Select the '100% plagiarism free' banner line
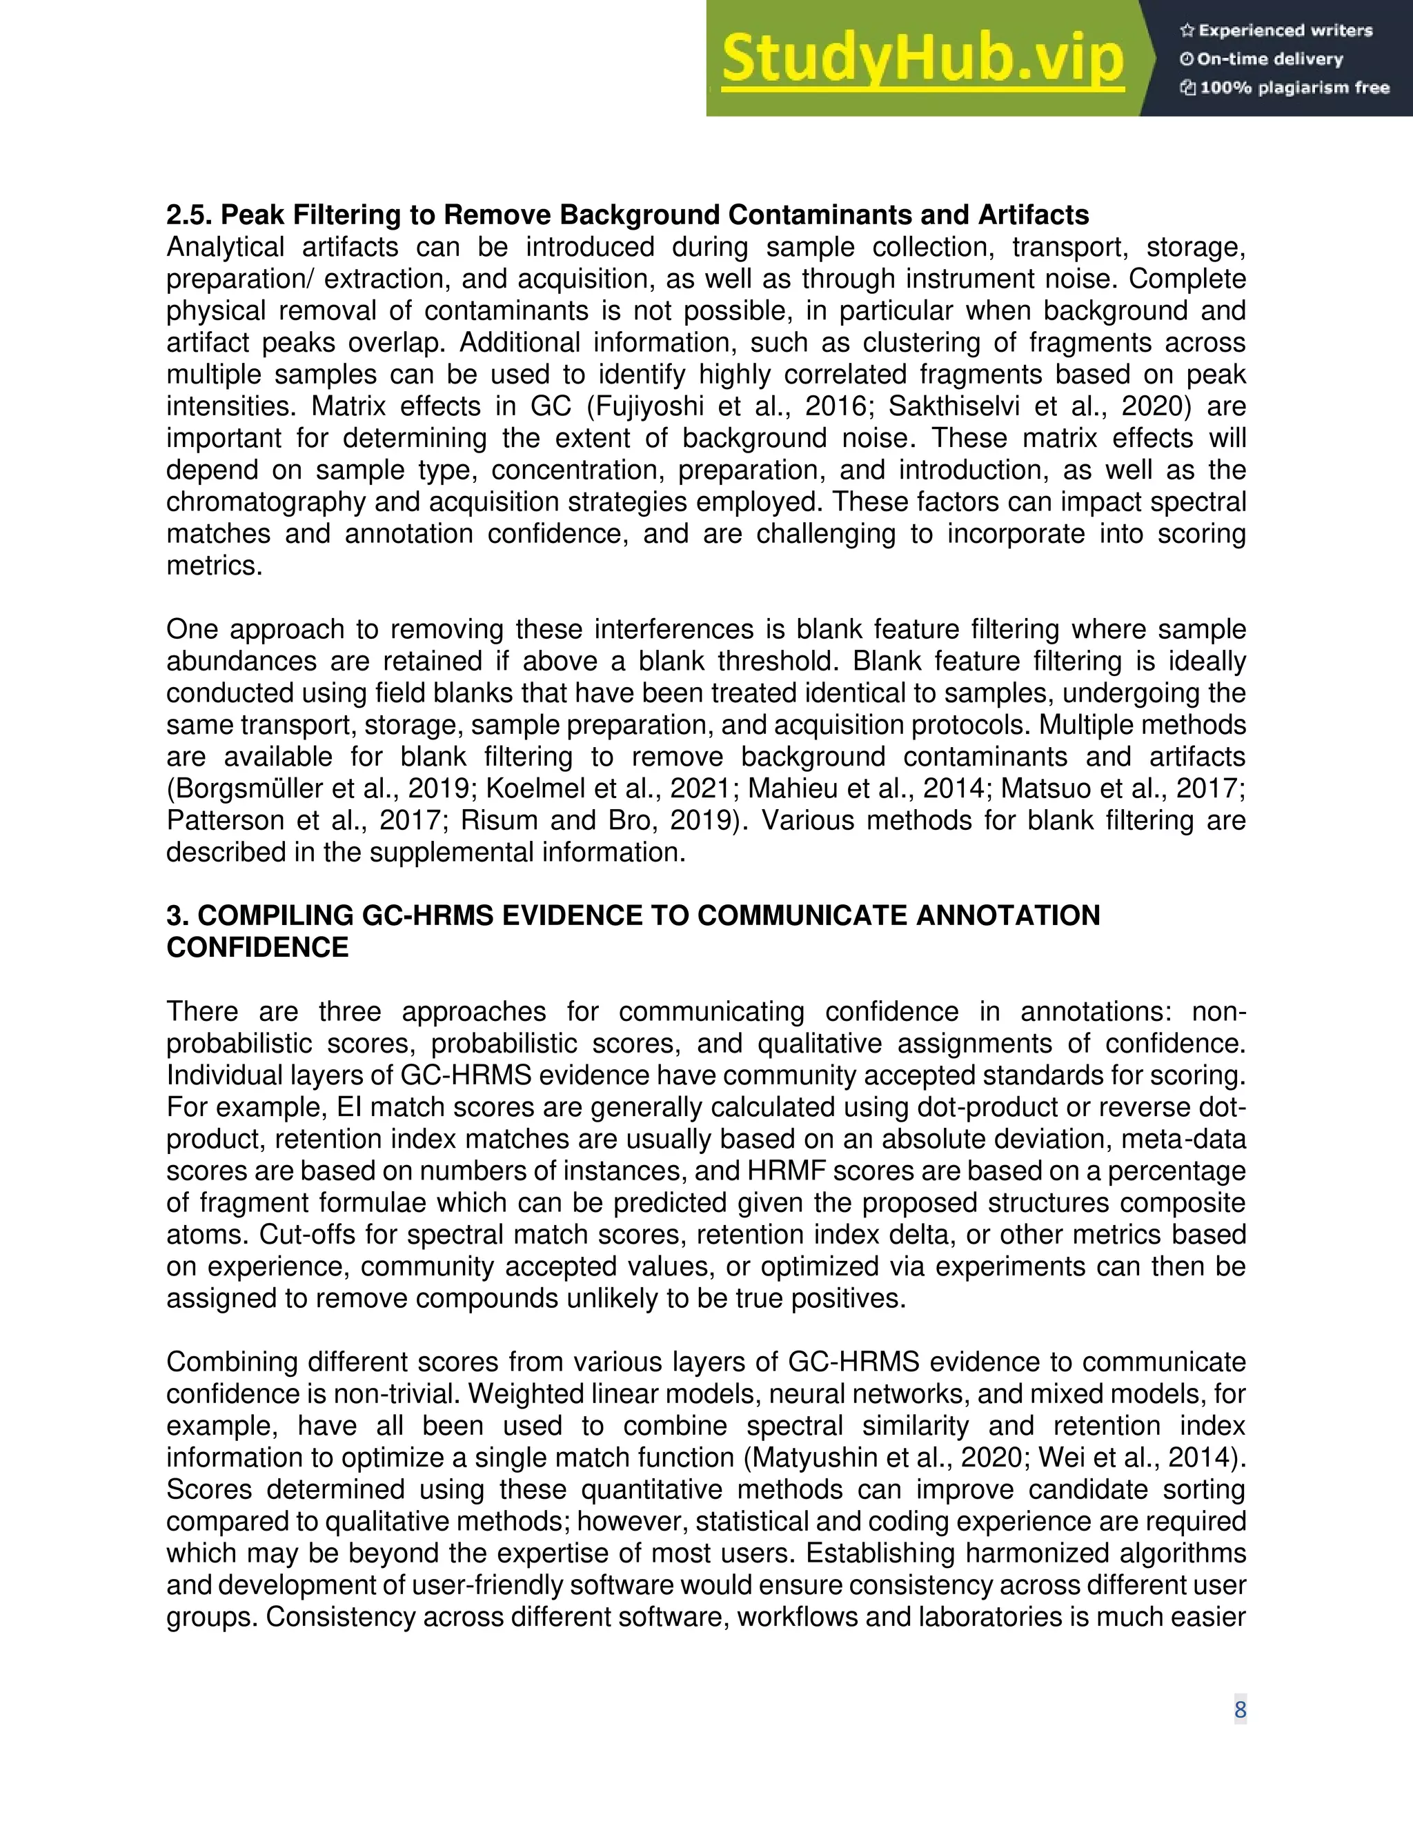click(x=1294, y=88)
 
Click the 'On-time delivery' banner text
click(x=1270, y=59)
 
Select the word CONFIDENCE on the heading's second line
click(x=257, y=948)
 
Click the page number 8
click(x=1240, y=1709)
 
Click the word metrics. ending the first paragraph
click(x=215, y=566)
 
